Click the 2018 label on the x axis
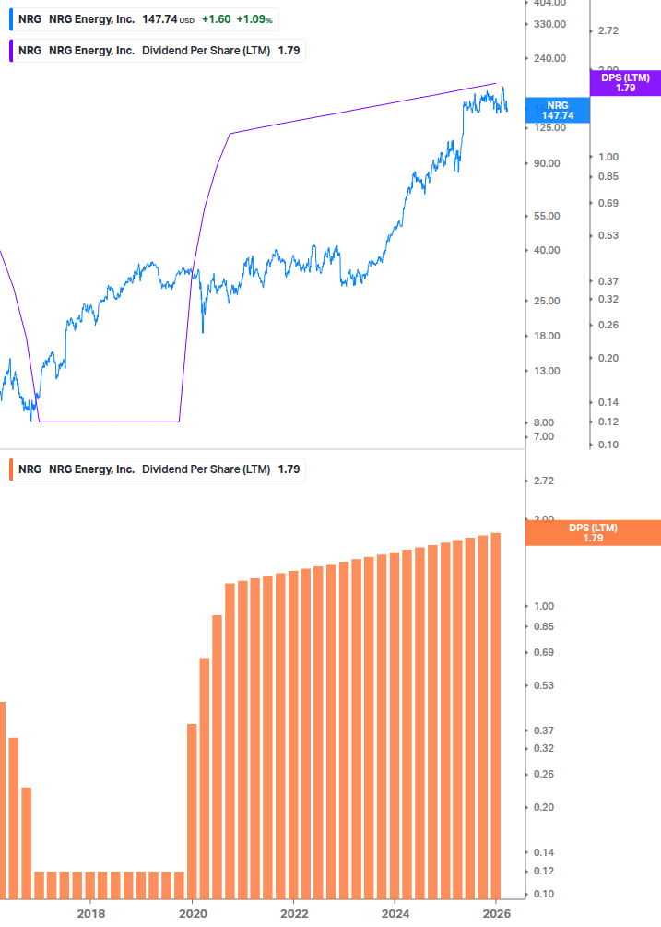[x=90, y=913]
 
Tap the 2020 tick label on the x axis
[x=192, y=913]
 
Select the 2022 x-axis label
[x=293, y=913]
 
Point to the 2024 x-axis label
[x=395, y=913]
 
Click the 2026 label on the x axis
[x=496, y=913]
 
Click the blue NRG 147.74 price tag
[x=558, y=110]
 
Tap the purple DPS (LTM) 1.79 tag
[x=625, y=82]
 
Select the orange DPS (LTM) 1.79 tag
[x=593, y=532]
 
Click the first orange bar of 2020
[x=192, y=812]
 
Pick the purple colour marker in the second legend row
[x=9, y=51]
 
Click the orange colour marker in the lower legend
[x=9, y=469]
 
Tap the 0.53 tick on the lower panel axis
[x=543, y=685]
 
